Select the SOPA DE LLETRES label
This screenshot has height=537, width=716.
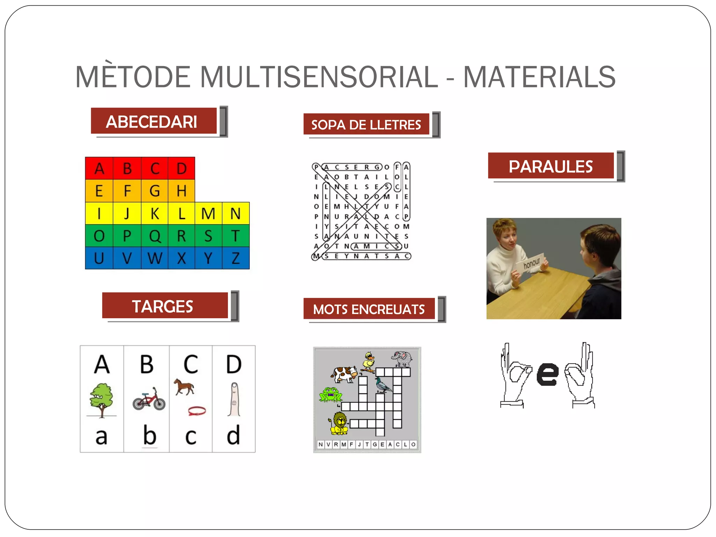tap(366, 124)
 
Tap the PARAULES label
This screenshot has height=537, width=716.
tap(551, 166)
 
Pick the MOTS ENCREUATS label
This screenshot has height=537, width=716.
tap(369, 309)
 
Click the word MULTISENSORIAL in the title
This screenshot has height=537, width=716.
tap(318, 77)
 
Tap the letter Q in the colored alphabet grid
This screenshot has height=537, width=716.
tap(155, 236)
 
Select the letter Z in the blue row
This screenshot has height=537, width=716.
tap(236, 258)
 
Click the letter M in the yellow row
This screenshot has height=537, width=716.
tap(208, 214)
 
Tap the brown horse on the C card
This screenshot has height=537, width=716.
tap(184, 386)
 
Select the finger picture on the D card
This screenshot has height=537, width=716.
tap(234, 399)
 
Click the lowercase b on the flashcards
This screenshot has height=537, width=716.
tap(149, 435)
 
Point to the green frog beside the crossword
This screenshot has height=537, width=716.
tap(330, 394)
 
